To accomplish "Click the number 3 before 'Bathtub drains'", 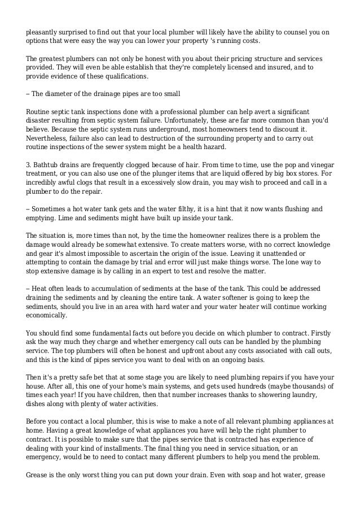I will coord(28,165).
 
